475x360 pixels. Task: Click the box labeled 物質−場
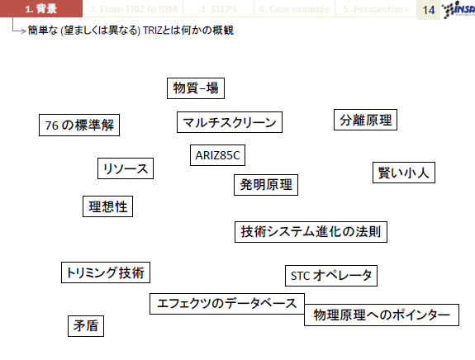(196, 88)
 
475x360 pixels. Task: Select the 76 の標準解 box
(79, 125)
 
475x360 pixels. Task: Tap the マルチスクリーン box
(230, 122)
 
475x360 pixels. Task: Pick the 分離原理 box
(365, 120)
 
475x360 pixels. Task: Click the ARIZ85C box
(217, 155)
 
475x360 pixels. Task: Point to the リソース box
(126, 168)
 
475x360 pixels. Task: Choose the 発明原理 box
(266, 185)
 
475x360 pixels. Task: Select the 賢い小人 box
(404, 173)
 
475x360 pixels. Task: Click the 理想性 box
(108, 206)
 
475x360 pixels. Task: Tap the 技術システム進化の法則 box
(311, 232)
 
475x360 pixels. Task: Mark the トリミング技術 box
(106, 272)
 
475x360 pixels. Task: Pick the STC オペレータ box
(331, 276)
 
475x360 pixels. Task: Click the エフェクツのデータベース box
(227, 304)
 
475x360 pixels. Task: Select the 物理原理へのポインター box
(382, 315)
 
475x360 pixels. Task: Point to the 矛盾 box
(86, 326)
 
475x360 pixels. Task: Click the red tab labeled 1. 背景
(41, 8)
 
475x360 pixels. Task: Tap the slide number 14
(429, 10)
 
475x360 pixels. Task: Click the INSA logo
(458, 9)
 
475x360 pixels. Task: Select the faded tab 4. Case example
(294, 9)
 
